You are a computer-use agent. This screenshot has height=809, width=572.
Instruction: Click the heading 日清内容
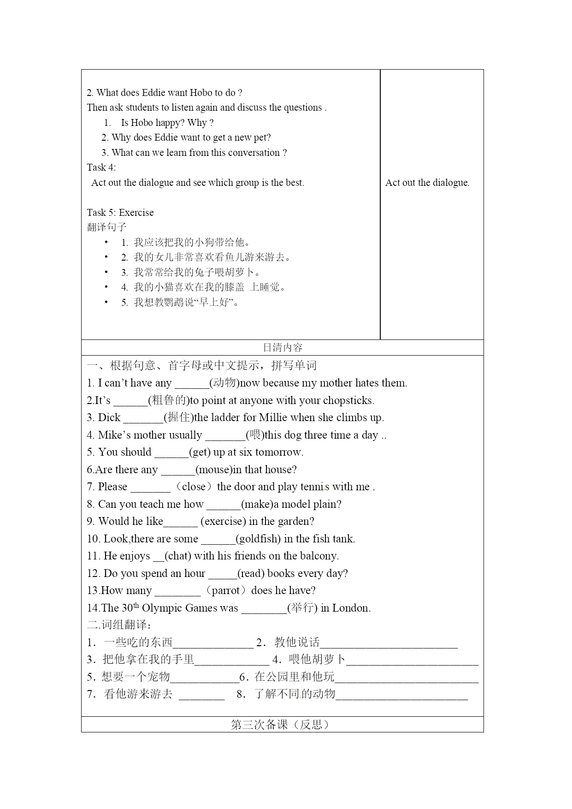click(x=282, y=347)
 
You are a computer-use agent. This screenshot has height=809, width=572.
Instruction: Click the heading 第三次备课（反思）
click(x=282, y=725)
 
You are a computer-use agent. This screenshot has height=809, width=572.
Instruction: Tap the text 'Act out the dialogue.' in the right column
click(x=427, y=183)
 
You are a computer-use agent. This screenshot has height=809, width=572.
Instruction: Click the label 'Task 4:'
click(x=101, y=167)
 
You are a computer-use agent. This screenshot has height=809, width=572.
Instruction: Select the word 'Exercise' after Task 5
click(x=136, y=213)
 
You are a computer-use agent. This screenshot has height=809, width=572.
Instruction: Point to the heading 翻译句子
click(x=106, y=227)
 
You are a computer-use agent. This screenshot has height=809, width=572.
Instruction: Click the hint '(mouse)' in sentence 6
click(x=214, y=470)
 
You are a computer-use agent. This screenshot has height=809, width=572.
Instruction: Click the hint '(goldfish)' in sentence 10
click(x=258, y=539)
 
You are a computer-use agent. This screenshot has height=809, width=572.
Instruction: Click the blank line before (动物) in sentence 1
click(x=192, y=384)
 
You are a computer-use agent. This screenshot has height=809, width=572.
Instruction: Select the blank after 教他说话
click(x=389, y=643)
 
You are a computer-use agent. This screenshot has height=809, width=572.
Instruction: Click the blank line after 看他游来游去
click(x=201, y=695)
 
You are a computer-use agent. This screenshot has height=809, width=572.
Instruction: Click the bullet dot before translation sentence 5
click(x=106, y=302)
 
